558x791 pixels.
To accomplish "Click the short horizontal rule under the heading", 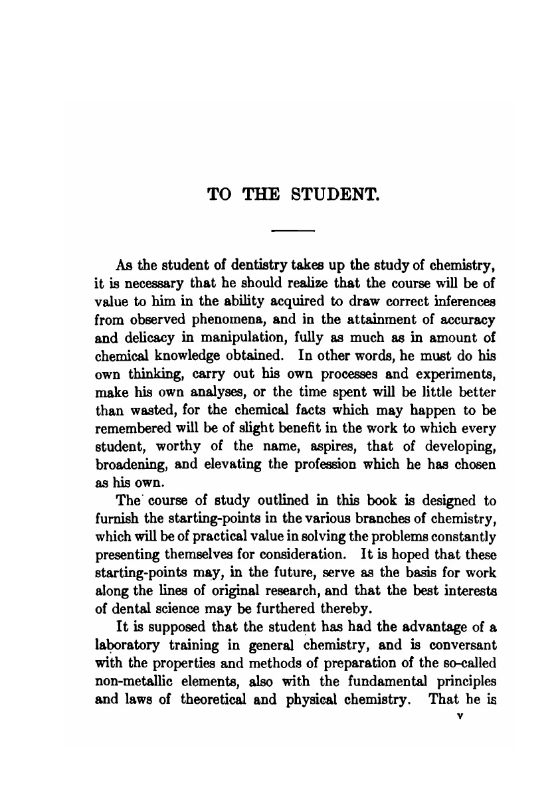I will (293, 230).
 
